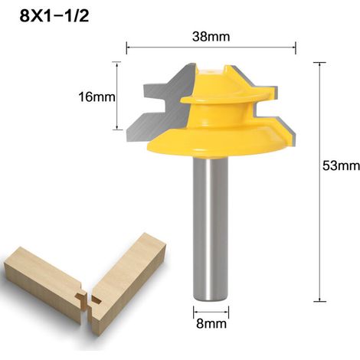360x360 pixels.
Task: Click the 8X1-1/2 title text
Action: click(x=54, y=16)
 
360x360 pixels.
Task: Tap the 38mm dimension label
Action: click(x=211, y=37)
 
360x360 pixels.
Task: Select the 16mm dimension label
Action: click(x=97, y=97)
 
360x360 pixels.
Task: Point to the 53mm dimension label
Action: click(x=341, y=165)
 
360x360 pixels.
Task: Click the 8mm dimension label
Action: click(x=211, y=324)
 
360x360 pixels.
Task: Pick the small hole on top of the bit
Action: click(x=211, y=72)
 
